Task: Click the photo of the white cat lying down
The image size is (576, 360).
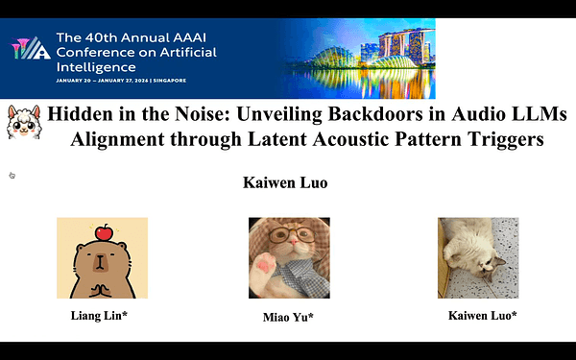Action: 477,257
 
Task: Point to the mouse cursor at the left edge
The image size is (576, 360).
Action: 12,175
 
